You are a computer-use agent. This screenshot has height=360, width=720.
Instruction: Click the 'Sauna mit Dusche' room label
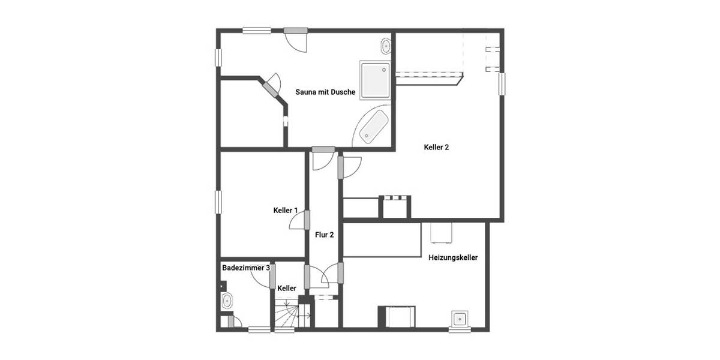325,92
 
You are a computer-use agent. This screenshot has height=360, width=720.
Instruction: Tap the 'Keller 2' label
436,147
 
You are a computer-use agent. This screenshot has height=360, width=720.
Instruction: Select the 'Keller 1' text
286,210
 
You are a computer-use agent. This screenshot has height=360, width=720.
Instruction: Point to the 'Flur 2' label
325,235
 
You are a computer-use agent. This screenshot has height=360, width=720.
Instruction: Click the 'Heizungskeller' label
453,258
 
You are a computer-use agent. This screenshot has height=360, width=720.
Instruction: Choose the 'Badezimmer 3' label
245,268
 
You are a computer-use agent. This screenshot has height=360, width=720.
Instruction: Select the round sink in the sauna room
386,46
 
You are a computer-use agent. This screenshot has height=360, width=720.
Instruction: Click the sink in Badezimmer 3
227,300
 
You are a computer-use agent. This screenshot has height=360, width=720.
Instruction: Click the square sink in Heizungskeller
461,319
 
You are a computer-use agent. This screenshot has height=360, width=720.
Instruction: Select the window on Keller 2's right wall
502,83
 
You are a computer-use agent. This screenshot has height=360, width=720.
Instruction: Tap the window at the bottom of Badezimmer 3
259,329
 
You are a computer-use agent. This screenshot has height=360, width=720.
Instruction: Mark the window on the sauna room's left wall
219,58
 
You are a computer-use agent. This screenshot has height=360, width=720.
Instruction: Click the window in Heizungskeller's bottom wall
461,329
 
